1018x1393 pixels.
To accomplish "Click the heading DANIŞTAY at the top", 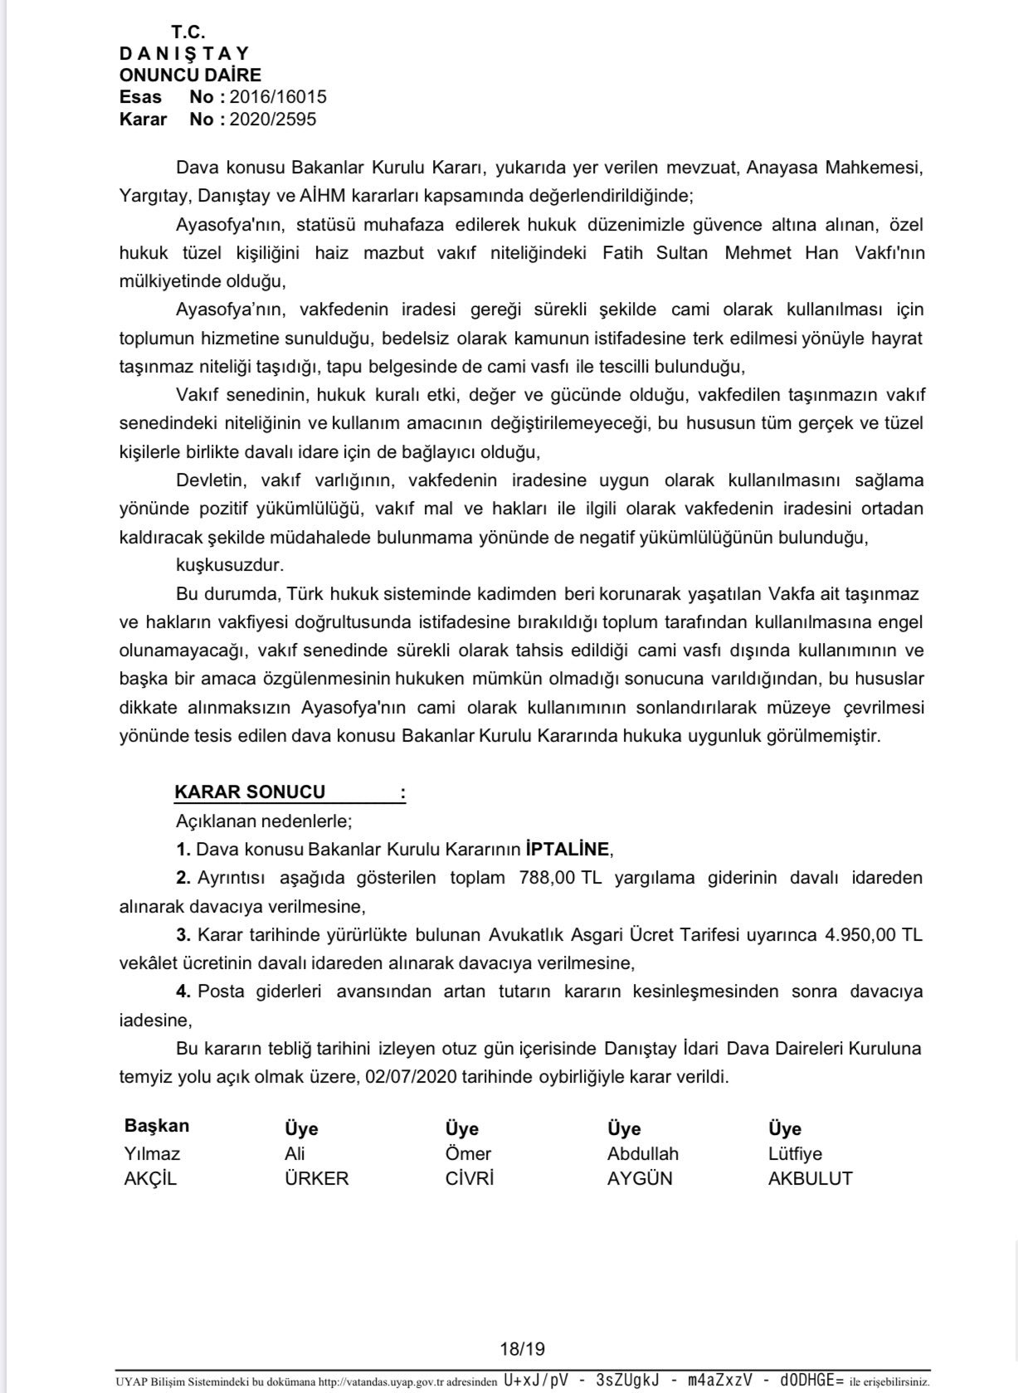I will pyautogui.click(x=184, y=54).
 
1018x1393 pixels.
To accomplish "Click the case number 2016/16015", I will pyautogui.click(x=278, y=97).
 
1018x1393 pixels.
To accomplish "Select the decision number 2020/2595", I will pyautogui.click(x=273, y=119).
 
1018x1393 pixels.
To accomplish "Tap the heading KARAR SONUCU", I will pyautogui.click(x=250, y=791).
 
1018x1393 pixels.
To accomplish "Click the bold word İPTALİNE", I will pyautogui.click(x=567, y=849).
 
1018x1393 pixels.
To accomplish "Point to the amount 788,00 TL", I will pyautogui.click(x=560, y=877).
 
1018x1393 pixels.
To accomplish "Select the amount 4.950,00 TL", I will pyautogui.click(x=873, y=934).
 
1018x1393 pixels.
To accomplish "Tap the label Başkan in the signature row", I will pyautogui.click(x=157, y=1126).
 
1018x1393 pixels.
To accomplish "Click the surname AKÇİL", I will pyautogui.click(x=150, y=1178).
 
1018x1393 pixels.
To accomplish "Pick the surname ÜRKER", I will pyautogui.click(x=316, y=1178).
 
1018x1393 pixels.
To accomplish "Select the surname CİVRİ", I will pyautogui.click(x=470, y=1178).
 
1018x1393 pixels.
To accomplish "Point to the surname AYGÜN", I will pyautogui.click(x=640, y=1178).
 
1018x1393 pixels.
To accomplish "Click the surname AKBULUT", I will pyautogui.click(x=810, y=1178).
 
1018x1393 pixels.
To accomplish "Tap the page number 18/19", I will pyautogui.click(x=522, y=1350).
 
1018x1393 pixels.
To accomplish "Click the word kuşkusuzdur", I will pyautogui.click(x=230, y=565).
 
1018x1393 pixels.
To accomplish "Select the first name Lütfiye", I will pyautogui.click(x=795, y=1153).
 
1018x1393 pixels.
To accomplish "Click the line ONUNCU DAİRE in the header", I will pyautogui.click(x=190, y=75).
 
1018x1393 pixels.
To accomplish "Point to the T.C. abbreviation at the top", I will pyautogui.click(x=188, y=32).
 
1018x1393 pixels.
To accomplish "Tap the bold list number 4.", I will pyautogui.click(x=183, y=991).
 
